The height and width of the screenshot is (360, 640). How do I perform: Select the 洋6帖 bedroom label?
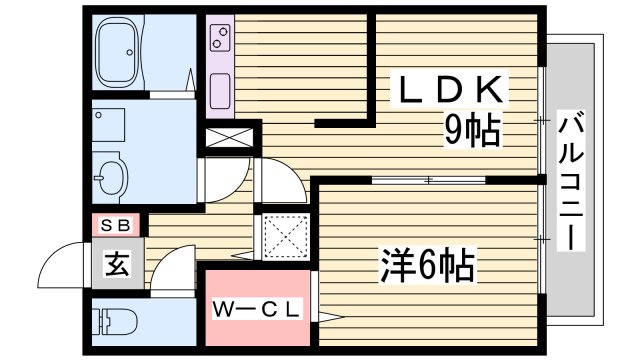426,266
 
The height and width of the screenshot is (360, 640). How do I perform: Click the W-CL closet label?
255,311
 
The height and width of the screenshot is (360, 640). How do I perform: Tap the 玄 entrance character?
116,265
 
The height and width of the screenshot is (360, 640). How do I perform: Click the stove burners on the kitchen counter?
218,41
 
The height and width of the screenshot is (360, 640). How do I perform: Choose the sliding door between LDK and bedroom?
428,180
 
